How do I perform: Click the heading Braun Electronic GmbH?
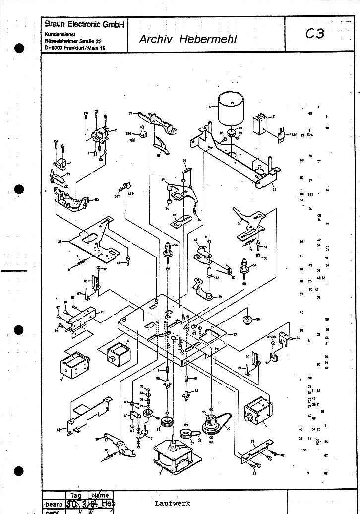pos(84,24)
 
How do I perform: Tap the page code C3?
pos(314,34)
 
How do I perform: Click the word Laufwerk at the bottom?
pos(172,503)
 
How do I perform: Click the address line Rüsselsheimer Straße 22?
pos(71,41)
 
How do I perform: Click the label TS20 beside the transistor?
pos(293,135)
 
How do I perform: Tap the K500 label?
pos(271,337)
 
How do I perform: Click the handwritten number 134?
pos(130,194)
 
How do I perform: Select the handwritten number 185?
pos(132,140)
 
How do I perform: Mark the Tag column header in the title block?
pos(76,495)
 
